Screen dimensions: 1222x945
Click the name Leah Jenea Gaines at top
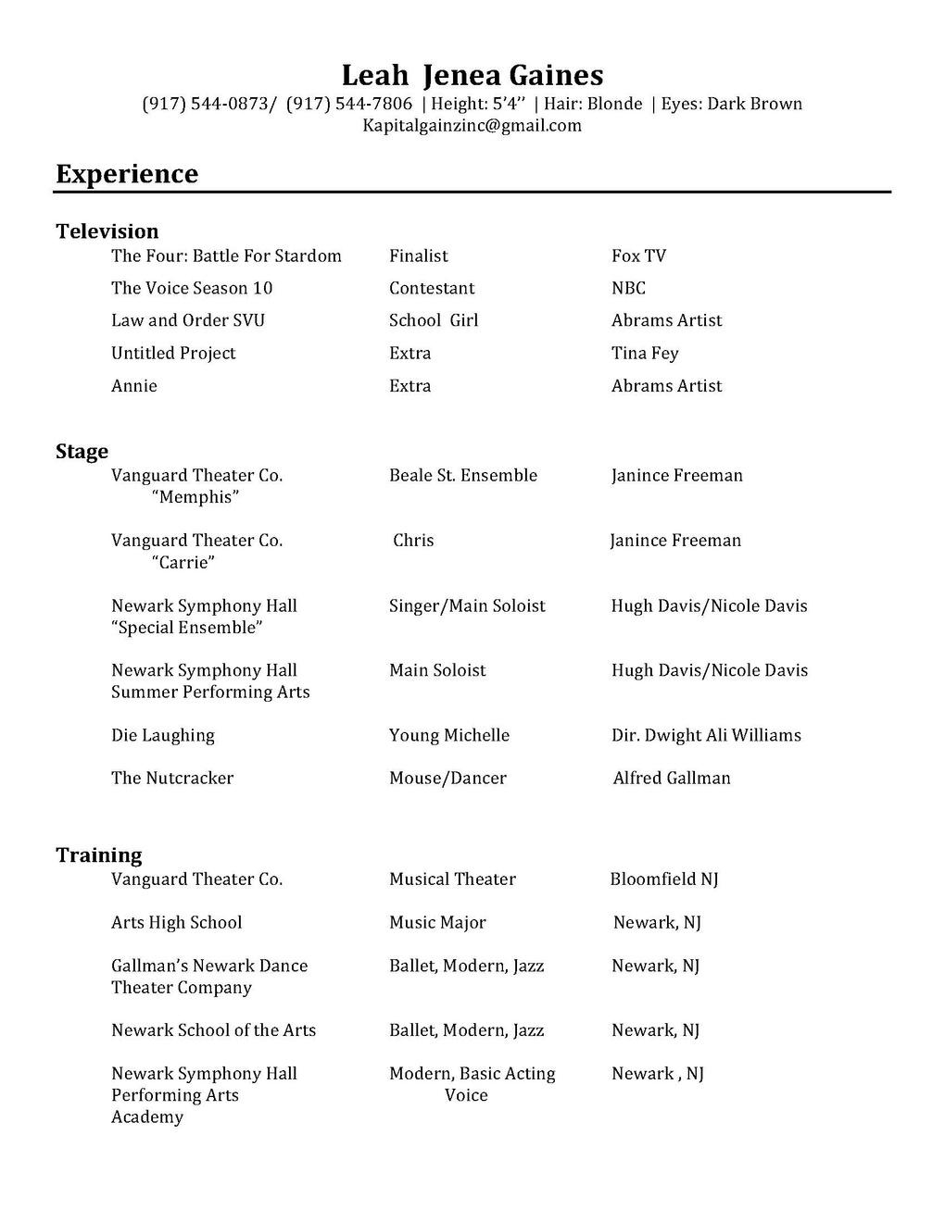pyautogui.click(x=472, y=75)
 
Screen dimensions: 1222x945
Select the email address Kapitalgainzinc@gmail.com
pyautogui.click(x=472, y=126)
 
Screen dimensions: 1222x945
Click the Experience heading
pyautogui.click(x=127, y=174)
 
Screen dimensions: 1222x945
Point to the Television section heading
pyautogui.click(x=107, y=231)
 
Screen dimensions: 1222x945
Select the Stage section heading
pyautogui.click(x=82, y=452)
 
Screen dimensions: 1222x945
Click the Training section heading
pyautogui.click(x=99, y=855)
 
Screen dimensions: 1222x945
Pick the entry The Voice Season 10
pyautogui.click(x=192, y=288)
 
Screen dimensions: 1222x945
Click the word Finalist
pyautogui.click(x=419, y=256)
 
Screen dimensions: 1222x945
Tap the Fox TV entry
pyautogui.click(x=638, y=256)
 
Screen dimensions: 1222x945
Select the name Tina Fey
pyautogui.click(x=645, y=353)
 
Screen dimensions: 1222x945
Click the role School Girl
pyautogui.click(x=434, y=320)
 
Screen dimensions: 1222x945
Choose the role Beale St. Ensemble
pyautogui.click(x=463, y=475)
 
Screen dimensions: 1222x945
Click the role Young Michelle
pyautogui.click(x=449, y=735)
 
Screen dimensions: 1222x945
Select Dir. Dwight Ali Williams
pyautogui.click(x=706, y=735)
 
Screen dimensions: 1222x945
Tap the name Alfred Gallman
pyautogui.click(x=672, y=779)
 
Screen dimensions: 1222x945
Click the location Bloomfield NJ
pyautogui.click(x=664, y=879)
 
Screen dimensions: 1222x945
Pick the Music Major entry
pyautogui.click(x=437, y=923)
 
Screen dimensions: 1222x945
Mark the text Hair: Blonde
pyautogui.click(x=593, y=104)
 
